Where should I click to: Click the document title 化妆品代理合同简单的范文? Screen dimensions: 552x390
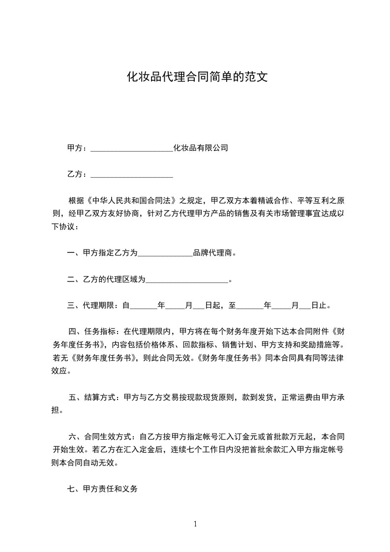tap(197, 77)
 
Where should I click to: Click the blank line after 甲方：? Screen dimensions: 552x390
tap(132, 149)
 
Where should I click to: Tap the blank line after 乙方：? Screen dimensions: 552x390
tap(132, 175)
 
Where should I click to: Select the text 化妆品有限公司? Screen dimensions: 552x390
tap(201, 148)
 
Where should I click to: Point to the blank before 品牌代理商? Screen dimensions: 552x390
tap(165, 254)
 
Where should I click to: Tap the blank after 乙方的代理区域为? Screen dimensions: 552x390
tap(187, 281)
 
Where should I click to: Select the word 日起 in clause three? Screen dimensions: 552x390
tap(213, 306)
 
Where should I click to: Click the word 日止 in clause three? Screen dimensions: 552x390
tap(319, 306)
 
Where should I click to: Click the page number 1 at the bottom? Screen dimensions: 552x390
tap(195, 524)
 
